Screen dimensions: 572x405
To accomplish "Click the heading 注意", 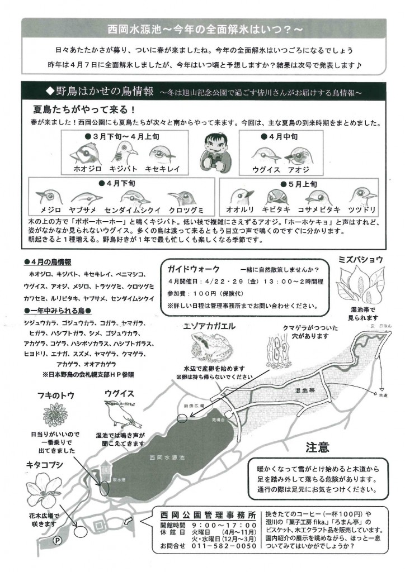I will pyautogui.click(x=317, y=447).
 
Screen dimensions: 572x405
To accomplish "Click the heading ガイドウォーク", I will pyautogui.click(x=190, y=269).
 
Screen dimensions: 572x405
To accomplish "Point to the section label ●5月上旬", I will pyautogui.click(x=297, y=183).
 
